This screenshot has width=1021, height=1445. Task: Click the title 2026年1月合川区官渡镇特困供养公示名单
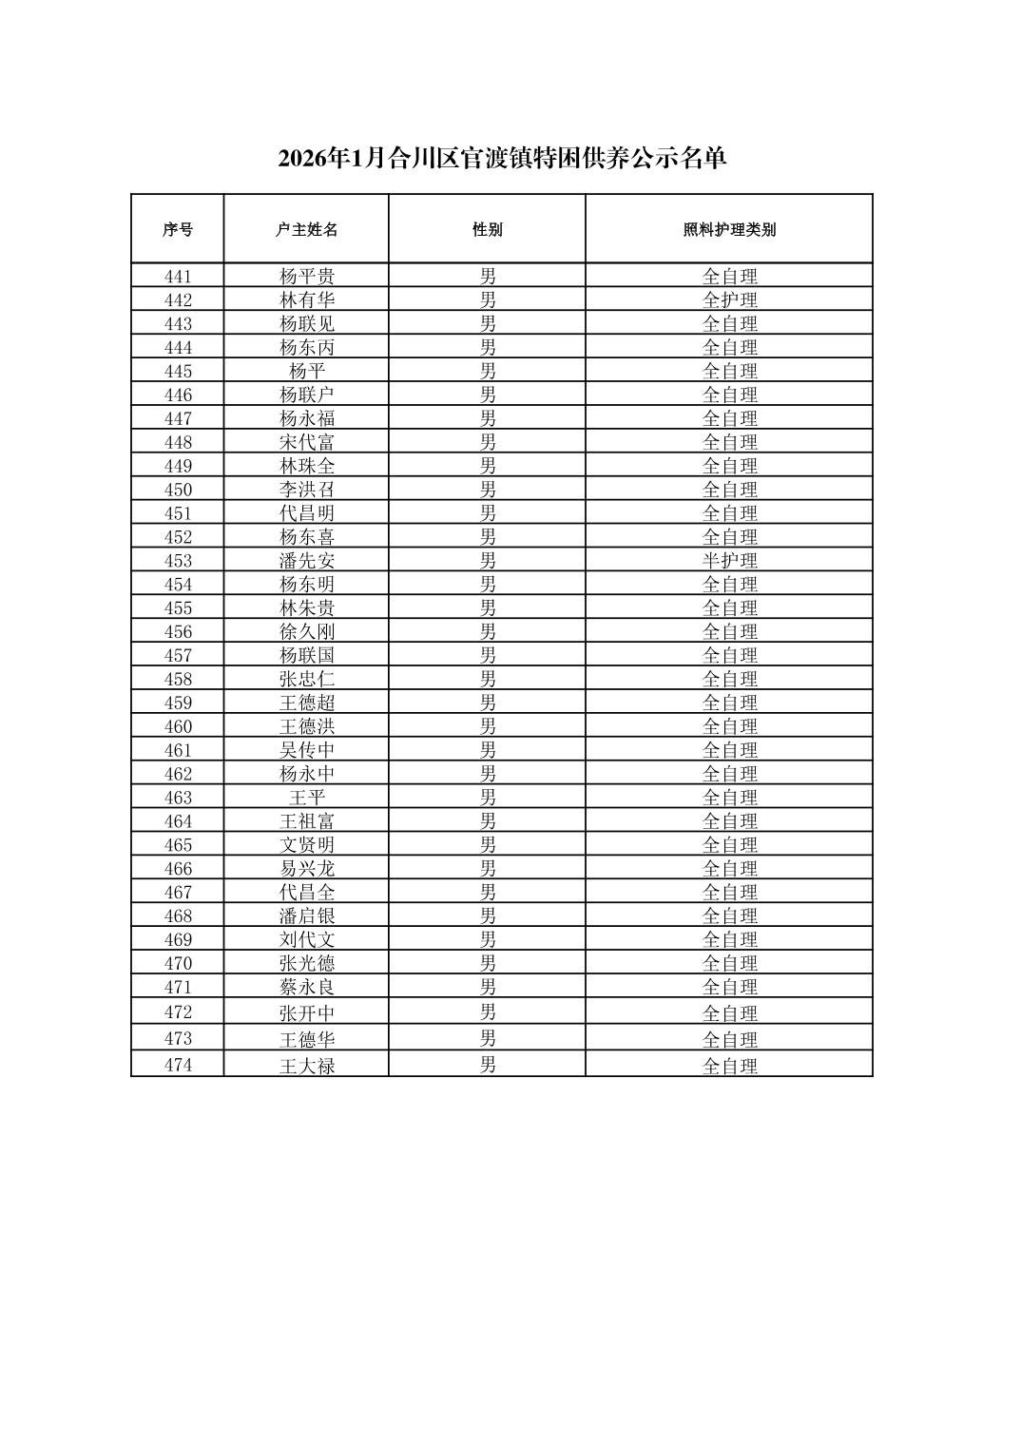click(502, 159)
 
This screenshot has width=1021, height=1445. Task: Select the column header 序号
click(178, 229)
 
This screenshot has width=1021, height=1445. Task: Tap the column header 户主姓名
click(306, 229)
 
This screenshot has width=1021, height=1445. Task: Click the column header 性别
click(487, 229)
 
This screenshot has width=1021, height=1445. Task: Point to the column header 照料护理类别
click(729, 229)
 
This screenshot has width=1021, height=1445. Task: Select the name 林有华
click(306, 300)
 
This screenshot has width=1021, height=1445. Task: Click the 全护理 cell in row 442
click(729, 300)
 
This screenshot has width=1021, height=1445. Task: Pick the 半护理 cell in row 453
click(729, 561)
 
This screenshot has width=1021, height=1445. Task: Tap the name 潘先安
click(306, 561)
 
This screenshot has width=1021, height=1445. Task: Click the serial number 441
click(178, 277)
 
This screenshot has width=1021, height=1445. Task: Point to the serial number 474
click(178, 1066)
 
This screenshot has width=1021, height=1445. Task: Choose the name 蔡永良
click(306, 987)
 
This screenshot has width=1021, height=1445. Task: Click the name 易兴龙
click(306, 869)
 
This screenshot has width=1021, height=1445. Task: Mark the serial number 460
click(178, 726)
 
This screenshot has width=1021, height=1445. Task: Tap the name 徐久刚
click(306, 632)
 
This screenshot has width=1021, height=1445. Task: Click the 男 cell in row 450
click(487, 490)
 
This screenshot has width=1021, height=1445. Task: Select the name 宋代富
click(306, 442)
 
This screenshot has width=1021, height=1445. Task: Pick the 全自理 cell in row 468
click(729, 915)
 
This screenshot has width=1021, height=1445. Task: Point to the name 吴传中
click(306, 750)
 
